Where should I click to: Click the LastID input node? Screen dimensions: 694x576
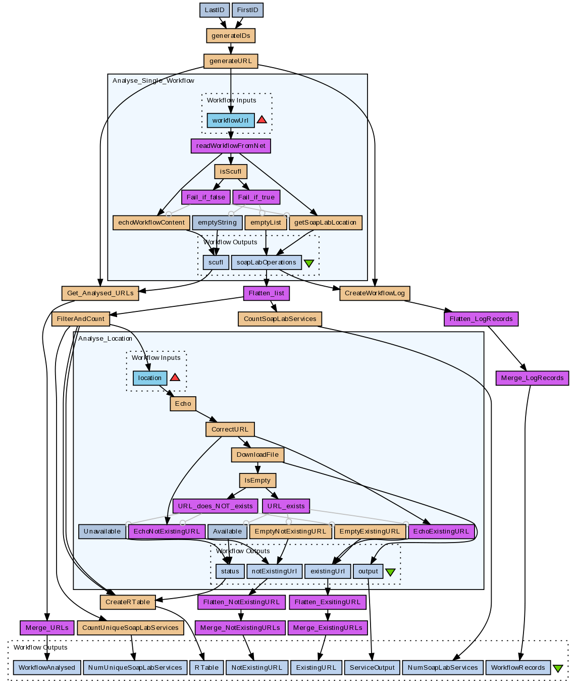(x=215, y=10)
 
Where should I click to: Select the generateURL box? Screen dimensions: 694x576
(x=231, y=61)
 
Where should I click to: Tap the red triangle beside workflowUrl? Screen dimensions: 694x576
(x=261, y=120)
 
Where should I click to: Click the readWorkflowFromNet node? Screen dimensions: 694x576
(x=231, y=146)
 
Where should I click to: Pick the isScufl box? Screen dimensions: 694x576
(x=231, y=172)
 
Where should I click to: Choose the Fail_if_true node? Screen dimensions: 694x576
(x=256, y=197)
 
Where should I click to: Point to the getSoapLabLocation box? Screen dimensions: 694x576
(x=325, y=223)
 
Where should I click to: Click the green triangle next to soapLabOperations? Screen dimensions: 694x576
(x=309, y=263)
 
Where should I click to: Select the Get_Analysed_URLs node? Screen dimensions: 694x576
(x=100, y=293)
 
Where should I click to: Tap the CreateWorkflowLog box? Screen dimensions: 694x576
(x=375, y=293)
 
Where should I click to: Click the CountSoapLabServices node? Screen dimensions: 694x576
(x=280, y=319)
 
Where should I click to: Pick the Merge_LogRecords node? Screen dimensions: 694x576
(x=532, y=378)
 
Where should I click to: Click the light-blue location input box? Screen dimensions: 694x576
(x=150, y=378)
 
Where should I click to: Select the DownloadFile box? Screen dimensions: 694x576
(x=257, y=455)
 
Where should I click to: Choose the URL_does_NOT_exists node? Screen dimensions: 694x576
(x=216, y=506)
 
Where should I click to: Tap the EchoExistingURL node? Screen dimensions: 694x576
(x=441, y=531)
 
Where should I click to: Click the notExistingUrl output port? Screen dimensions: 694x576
(x=274, y=571)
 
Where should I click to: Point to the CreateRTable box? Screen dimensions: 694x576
(x=128, y=602)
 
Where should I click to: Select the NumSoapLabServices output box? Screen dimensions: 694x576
(x=443, y=668)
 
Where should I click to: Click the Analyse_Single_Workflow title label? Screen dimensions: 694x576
(x=153, y=81)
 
